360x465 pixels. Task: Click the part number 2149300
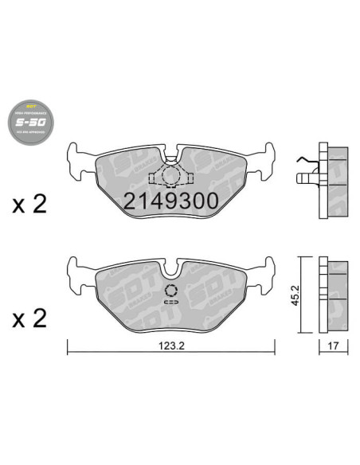(170, 201)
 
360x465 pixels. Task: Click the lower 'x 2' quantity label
(30, 319)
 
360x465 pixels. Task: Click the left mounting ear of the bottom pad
(78, 268)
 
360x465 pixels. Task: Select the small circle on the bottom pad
(171, 291)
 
